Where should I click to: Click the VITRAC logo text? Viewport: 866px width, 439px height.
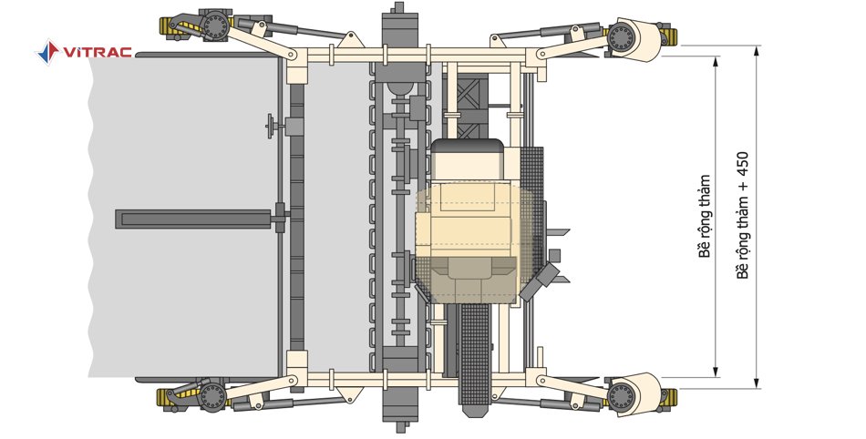pos(98,53)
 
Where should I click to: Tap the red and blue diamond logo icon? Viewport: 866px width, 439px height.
pos(47,52)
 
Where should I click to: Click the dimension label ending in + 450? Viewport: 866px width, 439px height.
pos(743,215)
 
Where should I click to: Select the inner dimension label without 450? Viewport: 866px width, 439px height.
pos(705,216)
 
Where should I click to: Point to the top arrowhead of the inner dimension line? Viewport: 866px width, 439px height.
pos(717,61)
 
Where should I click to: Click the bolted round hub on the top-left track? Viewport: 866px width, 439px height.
pos(214,25)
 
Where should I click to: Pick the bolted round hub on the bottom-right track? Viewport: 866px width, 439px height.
pos(622,395)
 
